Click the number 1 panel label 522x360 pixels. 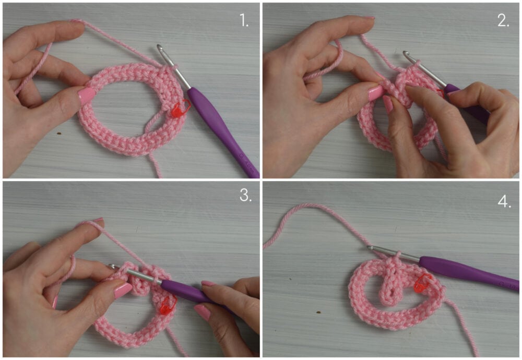pos(244,21)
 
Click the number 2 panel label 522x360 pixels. pos(503,21)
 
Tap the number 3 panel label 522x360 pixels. pos(245,196)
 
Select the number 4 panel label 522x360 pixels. pos(504,201)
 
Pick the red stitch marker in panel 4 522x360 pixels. pos(423,284)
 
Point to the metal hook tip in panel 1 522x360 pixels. pos(160,47)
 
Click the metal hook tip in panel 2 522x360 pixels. pos(406,53)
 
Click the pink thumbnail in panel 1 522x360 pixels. pos(86,95)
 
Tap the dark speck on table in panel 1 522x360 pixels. pos(59,134)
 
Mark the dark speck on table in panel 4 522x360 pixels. pos(318,312)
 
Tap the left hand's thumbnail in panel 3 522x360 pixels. pos(123,290)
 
